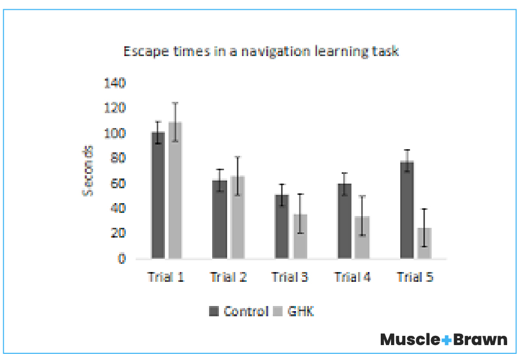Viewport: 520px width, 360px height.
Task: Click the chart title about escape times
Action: point(261,51)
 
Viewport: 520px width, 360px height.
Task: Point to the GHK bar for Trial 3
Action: point(300,237)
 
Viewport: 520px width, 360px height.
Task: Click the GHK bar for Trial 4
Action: point(362,238)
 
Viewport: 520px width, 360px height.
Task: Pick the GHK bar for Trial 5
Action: point(424,243)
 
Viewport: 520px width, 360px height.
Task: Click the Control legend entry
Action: point(239,311)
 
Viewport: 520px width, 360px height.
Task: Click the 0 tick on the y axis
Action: point(121,258)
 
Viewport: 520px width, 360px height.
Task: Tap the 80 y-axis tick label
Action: point(118,157)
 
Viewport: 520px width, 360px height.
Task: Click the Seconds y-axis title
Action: point(89,170)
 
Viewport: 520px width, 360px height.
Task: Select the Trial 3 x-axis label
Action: point(290,277)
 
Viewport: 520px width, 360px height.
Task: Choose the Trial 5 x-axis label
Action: point(415,277)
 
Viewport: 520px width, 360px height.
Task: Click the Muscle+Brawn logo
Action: point(443,339)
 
